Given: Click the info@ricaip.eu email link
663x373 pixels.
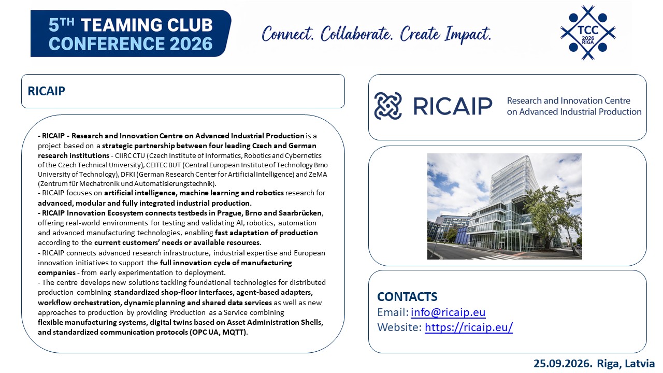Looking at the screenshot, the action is coord(448,312).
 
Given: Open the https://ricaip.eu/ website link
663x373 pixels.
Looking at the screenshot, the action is coord(469,327).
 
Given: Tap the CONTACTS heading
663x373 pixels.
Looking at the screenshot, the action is coord(407,297).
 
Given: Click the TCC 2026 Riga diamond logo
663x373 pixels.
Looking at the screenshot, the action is coord(588,33).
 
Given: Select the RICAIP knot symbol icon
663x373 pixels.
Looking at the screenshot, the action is coord(388,106).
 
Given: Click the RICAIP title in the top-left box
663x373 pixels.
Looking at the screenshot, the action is coord(46,91).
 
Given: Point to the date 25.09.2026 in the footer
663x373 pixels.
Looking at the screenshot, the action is coord(563,364).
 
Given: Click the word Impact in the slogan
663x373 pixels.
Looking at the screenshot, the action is coord(468,34).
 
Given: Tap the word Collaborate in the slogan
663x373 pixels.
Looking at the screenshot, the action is coord(357,34).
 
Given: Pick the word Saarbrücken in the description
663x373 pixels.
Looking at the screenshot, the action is coord(300,213).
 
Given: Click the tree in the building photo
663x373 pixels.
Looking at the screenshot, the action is coord(550,216).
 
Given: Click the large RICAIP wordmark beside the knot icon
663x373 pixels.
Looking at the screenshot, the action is coord(453,106).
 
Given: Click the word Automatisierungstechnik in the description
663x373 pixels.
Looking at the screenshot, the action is coord(175,183).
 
